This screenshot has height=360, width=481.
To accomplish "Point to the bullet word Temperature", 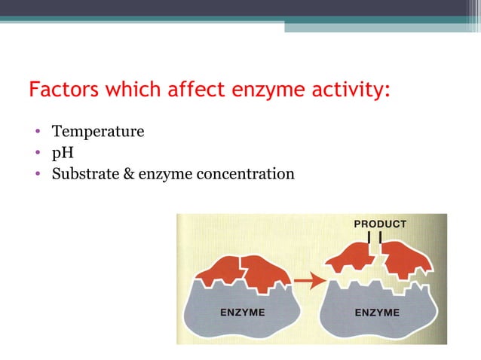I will [x=97, y=132].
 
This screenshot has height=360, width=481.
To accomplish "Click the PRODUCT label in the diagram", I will [x=380, y=224].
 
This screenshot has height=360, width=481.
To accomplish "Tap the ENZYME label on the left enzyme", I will [x=242, y=313].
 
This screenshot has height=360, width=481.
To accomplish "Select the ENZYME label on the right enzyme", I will [x=378, y=313].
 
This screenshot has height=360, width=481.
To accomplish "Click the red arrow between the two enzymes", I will [x=305, y=282].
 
